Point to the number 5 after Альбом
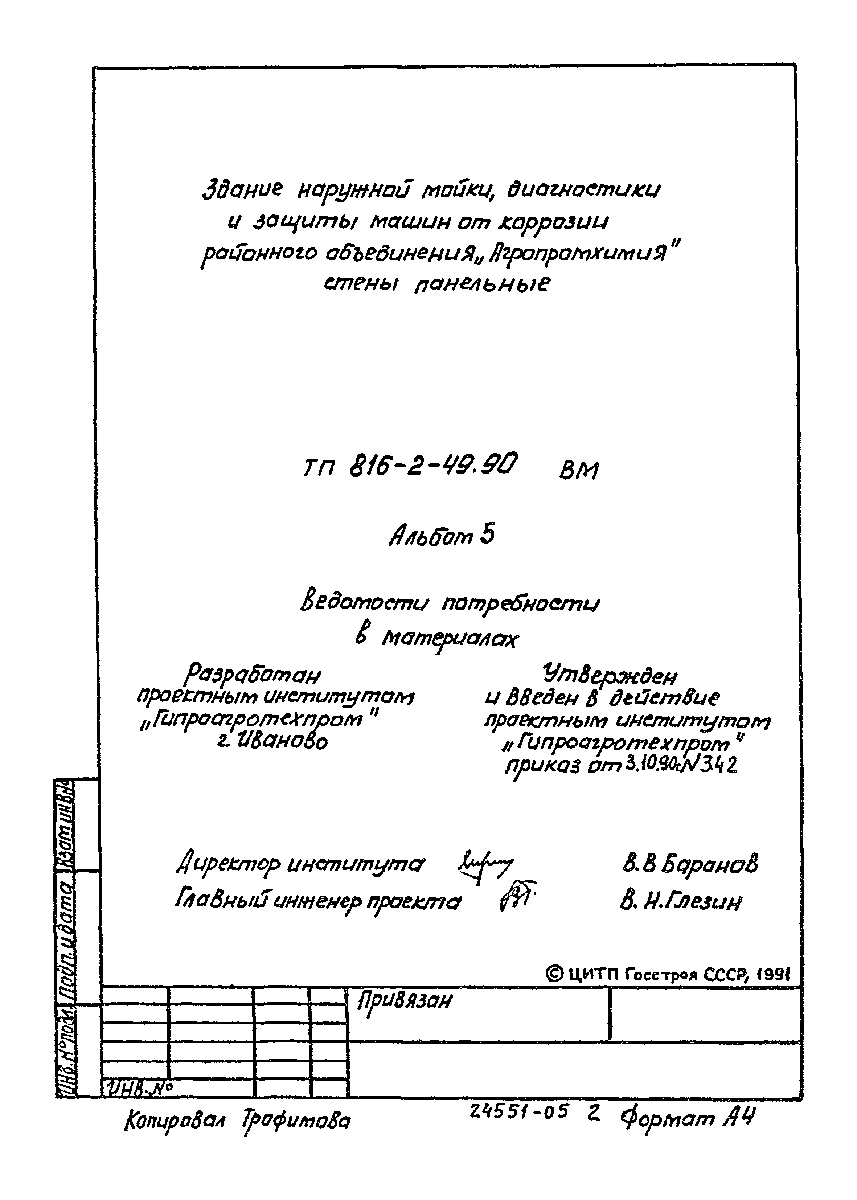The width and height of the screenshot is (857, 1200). coord(488,536)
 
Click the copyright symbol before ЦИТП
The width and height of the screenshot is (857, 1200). coord(554,972)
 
